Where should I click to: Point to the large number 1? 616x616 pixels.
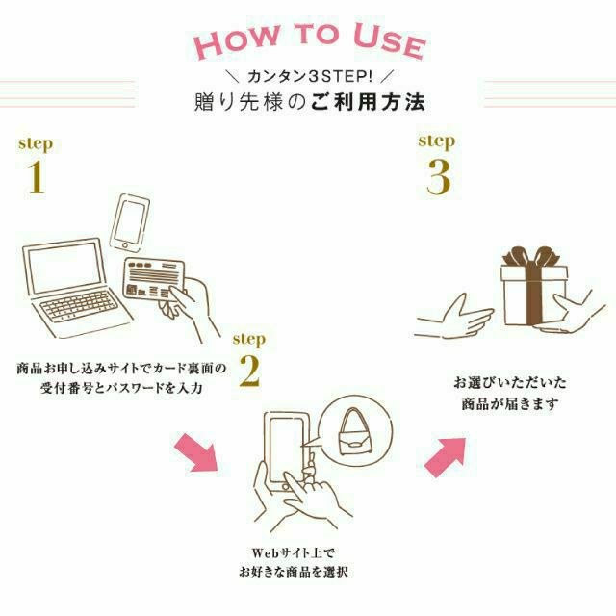tap(36, 177)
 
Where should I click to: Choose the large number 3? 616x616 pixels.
tap(439, 176)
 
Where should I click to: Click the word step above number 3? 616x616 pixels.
tap(436, 141)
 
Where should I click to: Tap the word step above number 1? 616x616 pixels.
tap(36, 144)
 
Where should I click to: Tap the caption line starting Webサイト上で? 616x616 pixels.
tap(290, 552)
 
